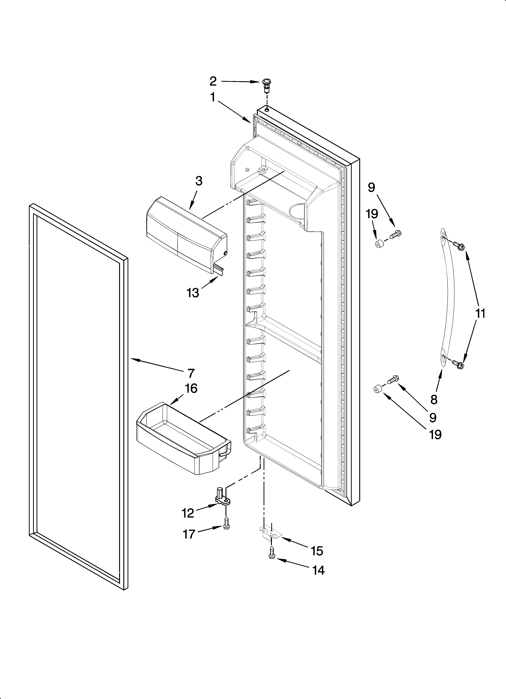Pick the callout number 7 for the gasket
pyautogui.click(x=191, y=373)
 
